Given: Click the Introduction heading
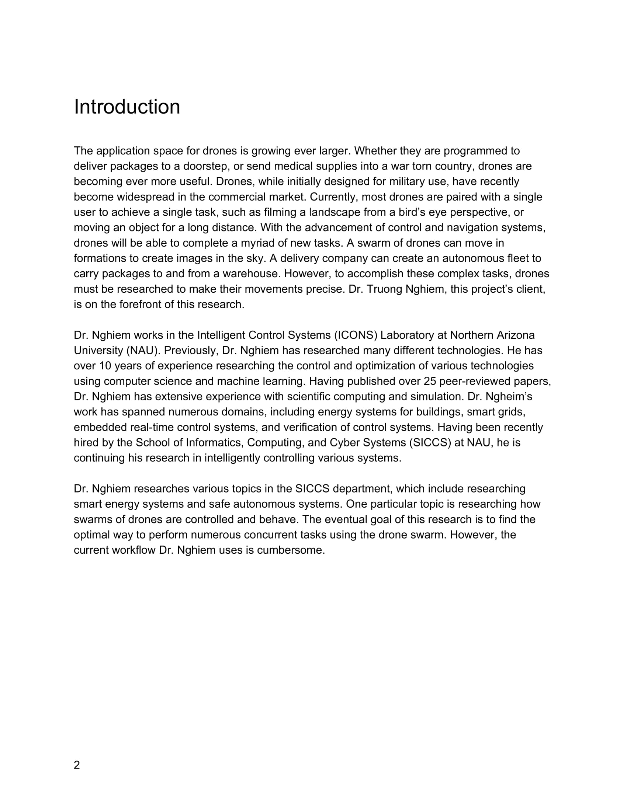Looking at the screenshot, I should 127,107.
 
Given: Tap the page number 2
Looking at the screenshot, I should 77,765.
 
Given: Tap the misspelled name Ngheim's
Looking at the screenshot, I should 509,397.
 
